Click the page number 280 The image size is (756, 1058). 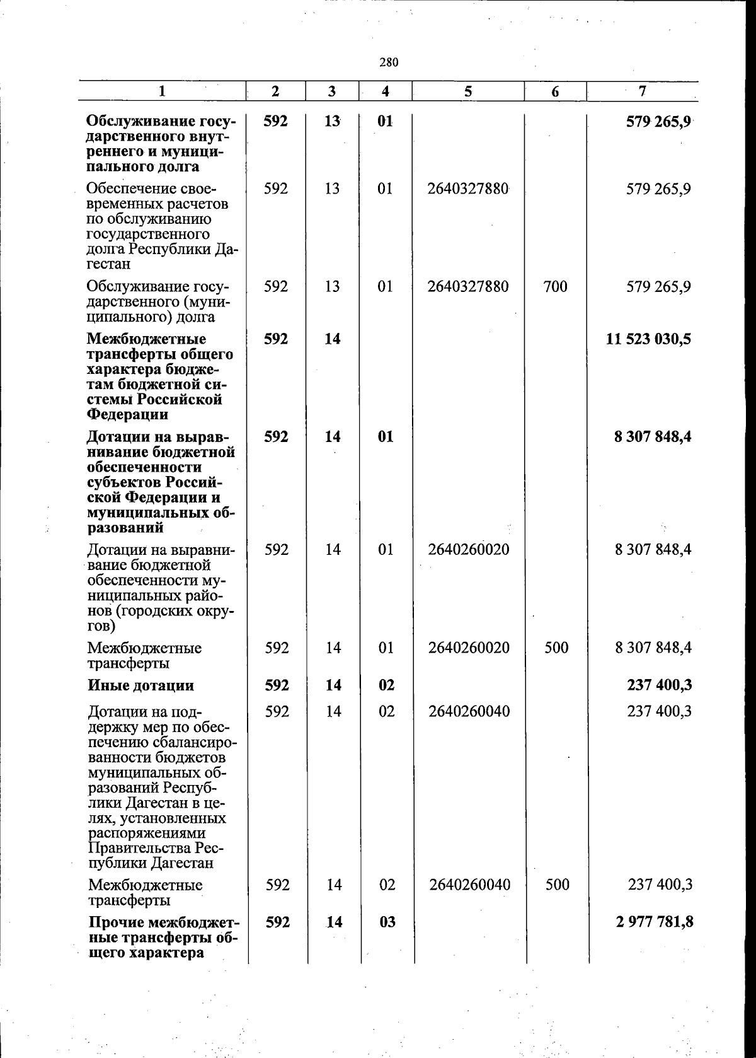(389, 62)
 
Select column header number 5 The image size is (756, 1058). (468, 91)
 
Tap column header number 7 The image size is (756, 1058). (642, 91)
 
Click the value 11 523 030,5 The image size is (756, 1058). (648, 339)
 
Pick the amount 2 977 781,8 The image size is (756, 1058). (654, 922)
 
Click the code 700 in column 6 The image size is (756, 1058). (554, 287)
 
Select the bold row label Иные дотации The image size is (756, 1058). (140, 685)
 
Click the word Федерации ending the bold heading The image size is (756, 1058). (127, 415)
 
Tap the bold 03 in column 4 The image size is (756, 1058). (387, 922)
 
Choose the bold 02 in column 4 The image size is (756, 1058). (386, 685)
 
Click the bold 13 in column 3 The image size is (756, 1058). (332, 121)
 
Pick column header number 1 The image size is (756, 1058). (162, 91)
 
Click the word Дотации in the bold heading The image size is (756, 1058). (117, 437)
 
